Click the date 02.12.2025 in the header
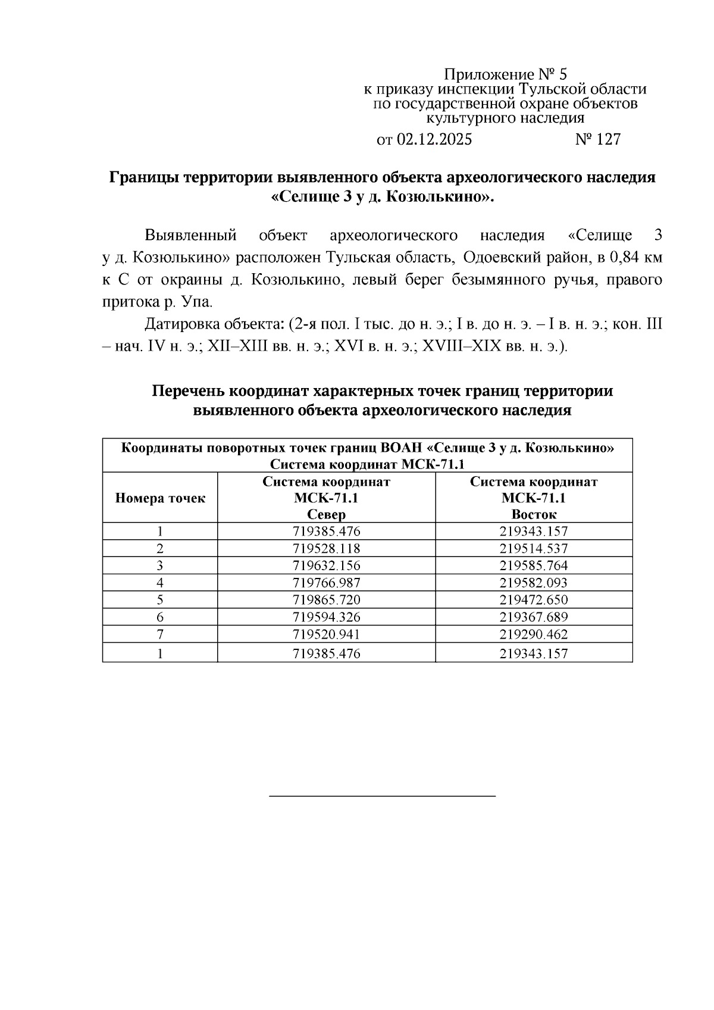tap(434, 139)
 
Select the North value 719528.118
tap(326, 548)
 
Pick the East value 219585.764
tap(533, 565)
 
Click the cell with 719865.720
tap(326, 599)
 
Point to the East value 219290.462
tap(533, 634)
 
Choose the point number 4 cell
tap(159, 583)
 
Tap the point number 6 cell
tap(159, 617)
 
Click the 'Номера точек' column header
tap(159, 498)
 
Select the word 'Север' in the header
tap(326, 514)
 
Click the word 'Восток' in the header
tap(533, 514)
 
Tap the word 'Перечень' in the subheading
tap(189, 391)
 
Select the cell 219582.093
tap(533, 583)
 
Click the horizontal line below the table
tap(382, 796)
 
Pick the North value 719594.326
tap(326, 617)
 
